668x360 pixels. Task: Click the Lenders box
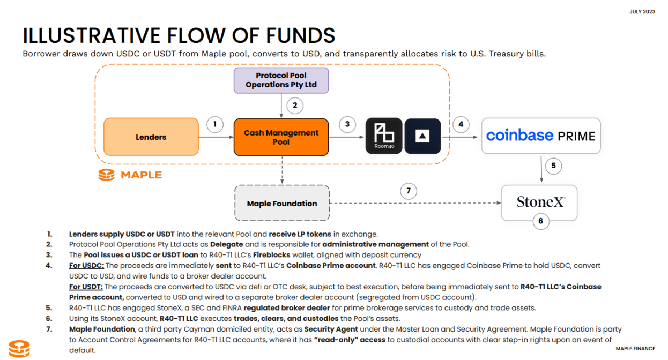click(x=151, y=137)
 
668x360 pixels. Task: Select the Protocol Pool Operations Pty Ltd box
click(x=281, y=80)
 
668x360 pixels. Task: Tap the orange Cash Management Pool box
click(x=281, y=137)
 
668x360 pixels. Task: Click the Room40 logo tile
click(x=383, y=136)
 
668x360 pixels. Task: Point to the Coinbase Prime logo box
click(x=540, y=136)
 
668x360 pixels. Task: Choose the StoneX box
click(x=539, y=202)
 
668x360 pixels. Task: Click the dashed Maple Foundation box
click(x=281, y=204)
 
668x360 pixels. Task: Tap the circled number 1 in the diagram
click(x=215, y=125)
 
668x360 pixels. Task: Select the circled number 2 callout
click(x=294, y=105)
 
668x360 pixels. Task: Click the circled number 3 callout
click(x=347, y=125)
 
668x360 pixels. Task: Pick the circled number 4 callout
click(x=461, y=125)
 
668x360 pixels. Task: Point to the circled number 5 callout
click(x=553, y=166)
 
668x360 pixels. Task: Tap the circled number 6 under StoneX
click(x=540, y=220)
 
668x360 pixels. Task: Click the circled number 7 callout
click(x=409, y=191)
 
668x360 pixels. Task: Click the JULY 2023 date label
click(x=642, y=12)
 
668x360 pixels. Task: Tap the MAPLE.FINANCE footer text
click(x=635, y=349)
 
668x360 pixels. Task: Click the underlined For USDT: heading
click(x=87, y=287)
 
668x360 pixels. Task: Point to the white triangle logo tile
click(x=422, y=136)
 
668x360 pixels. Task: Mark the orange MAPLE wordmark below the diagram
click(x=141, y=175)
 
